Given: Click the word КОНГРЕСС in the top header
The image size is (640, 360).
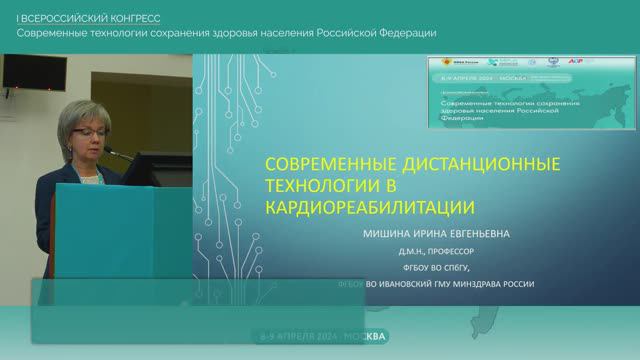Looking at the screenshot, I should click(139, 17).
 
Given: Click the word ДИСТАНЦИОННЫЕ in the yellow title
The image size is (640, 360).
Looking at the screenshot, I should click(474, 162).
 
